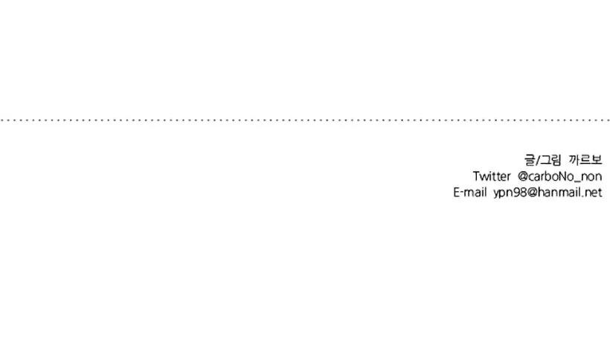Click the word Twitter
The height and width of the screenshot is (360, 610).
point(491,176)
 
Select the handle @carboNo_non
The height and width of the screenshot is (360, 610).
point(560,177)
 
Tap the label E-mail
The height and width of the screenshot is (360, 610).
point(470,193)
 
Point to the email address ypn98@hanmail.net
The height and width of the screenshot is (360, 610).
point(548,193)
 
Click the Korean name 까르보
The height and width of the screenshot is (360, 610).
point(585,160)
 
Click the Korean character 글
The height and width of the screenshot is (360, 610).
point(530,160)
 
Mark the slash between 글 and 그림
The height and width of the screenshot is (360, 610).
point(538,160)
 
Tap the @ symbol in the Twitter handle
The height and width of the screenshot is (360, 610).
point(523,177)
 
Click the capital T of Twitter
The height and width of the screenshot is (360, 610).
point(476,176)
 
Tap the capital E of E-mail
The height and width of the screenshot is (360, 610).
point(457,193)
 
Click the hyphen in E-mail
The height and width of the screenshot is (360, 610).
point(462,193)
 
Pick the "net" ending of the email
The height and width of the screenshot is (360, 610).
point(594,193)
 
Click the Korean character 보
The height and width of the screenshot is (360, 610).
point(597,160)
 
